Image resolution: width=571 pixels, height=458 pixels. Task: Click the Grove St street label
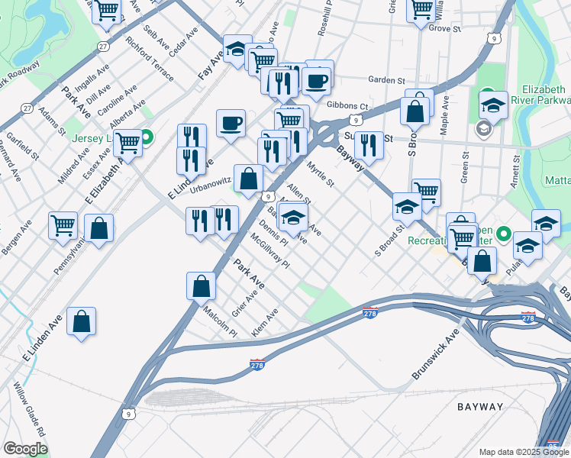point(445,28)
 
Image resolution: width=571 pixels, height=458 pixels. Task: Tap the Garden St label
point(386,80)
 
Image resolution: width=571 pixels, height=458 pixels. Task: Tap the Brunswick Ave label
point(436,355)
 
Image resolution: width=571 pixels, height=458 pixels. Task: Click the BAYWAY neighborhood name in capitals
point(480,407)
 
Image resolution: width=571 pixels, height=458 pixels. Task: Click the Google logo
point(25,449)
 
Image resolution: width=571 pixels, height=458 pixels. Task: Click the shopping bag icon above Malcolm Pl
point(201,286)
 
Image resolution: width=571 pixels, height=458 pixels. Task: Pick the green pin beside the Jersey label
point(147,138)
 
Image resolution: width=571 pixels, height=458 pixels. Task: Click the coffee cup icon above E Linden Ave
point(231,123)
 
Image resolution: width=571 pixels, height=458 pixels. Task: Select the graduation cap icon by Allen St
point(293,218)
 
